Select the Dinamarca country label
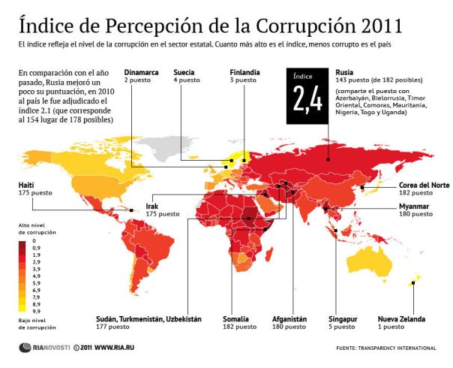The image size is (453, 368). click(x=140, y=73)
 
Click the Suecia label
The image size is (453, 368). click(x=184, y=73)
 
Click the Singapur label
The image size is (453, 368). click(x=344, y=319)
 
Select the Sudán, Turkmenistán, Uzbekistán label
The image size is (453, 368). click(x=148, y=319)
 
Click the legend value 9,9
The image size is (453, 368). click(x=37, y=310)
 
